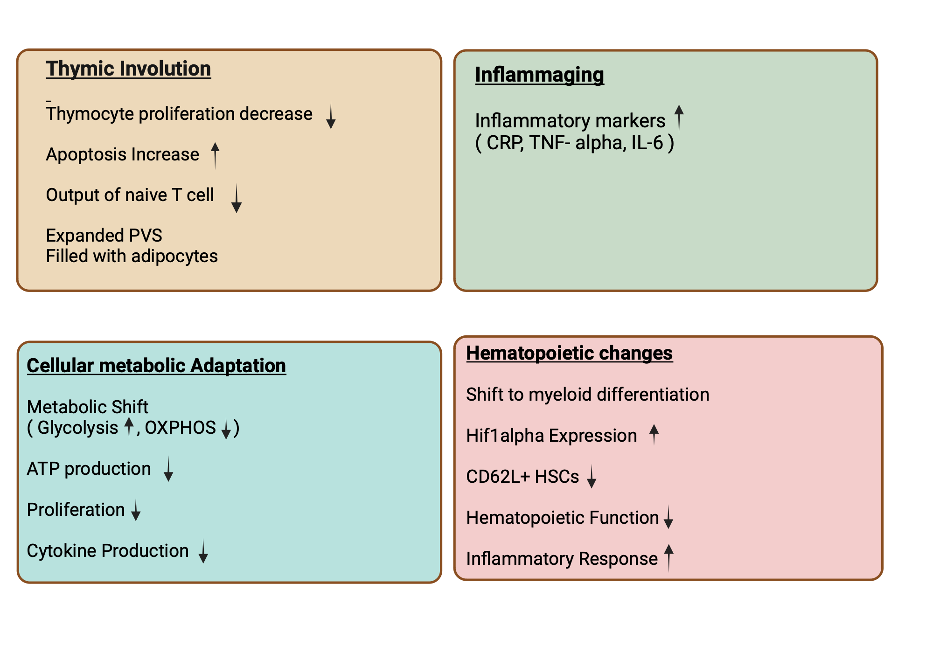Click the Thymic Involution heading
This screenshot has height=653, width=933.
128,69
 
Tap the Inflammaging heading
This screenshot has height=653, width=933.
539,75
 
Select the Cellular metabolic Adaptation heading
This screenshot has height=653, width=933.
156,365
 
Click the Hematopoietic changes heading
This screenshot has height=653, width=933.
569,353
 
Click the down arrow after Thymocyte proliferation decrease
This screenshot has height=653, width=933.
331,115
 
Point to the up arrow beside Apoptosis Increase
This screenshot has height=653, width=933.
215,155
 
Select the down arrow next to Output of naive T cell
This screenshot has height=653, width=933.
237,198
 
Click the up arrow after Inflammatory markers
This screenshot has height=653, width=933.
679,119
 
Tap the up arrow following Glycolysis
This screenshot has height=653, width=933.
129,427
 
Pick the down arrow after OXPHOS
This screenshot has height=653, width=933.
226,428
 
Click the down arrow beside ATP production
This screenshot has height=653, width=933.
168,469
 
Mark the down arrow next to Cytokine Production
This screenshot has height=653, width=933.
203,551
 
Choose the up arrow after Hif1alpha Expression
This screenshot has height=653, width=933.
654,434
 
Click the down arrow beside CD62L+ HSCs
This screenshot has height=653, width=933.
592,476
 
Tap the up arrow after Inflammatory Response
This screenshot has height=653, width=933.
668,557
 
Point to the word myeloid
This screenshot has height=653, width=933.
560,395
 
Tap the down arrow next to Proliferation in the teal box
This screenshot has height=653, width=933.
136,509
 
